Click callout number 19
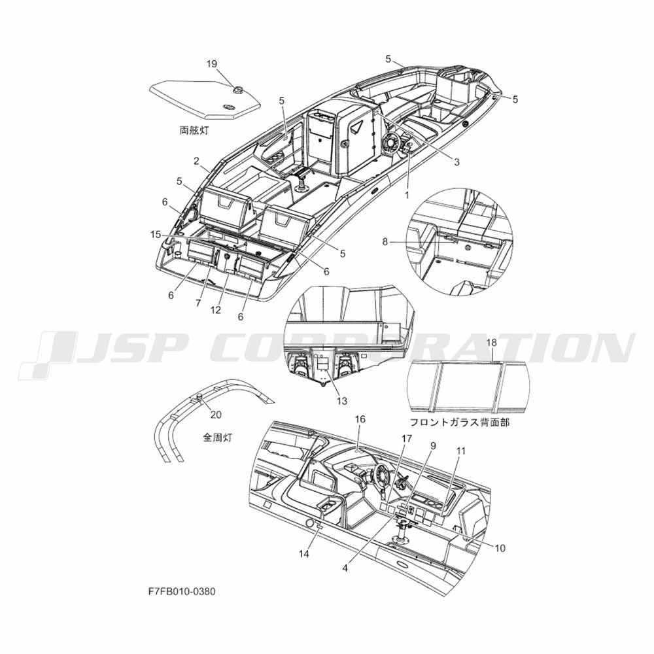pos(211,64)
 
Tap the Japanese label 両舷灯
pos(194,131)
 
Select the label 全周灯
pos(217,438)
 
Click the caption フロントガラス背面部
pos(460,422)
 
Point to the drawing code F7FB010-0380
pos(182,591)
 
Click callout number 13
pos(341,401)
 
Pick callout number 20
pos(216,415)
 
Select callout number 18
pos(492,343)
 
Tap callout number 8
pos(385,241)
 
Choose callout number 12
pos(216,310)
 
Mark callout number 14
pos(304,553)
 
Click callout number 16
pos(360,419)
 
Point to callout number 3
pos(456,162)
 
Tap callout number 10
pos(500,547)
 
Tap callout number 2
pos(196,161)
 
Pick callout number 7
pos(199,303)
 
